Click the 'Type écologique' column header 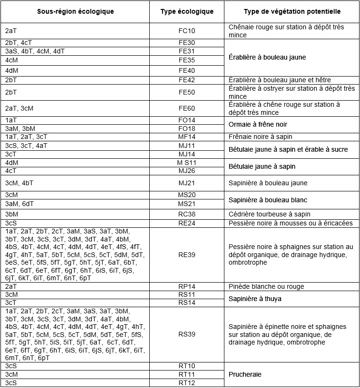pos(187,11)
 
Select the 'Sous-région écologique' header pos(76,11)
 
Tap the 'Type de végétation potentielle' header pos(292,11)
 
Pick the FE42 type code pos(187,80)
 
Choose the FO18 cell pos(187,129)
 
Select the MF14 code pos(187,137)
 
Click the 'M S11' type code pos(187,163)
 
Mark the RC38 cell pos(187,214)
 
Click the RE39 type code pos(187,255)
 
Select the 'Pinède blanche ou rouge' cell pos(266,286)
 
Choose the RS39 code pos(187,335)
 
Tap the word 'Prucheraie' pos(245,374)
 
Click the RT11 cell pos(187,374)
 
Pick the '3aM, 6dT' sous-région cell pos(19,204)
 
